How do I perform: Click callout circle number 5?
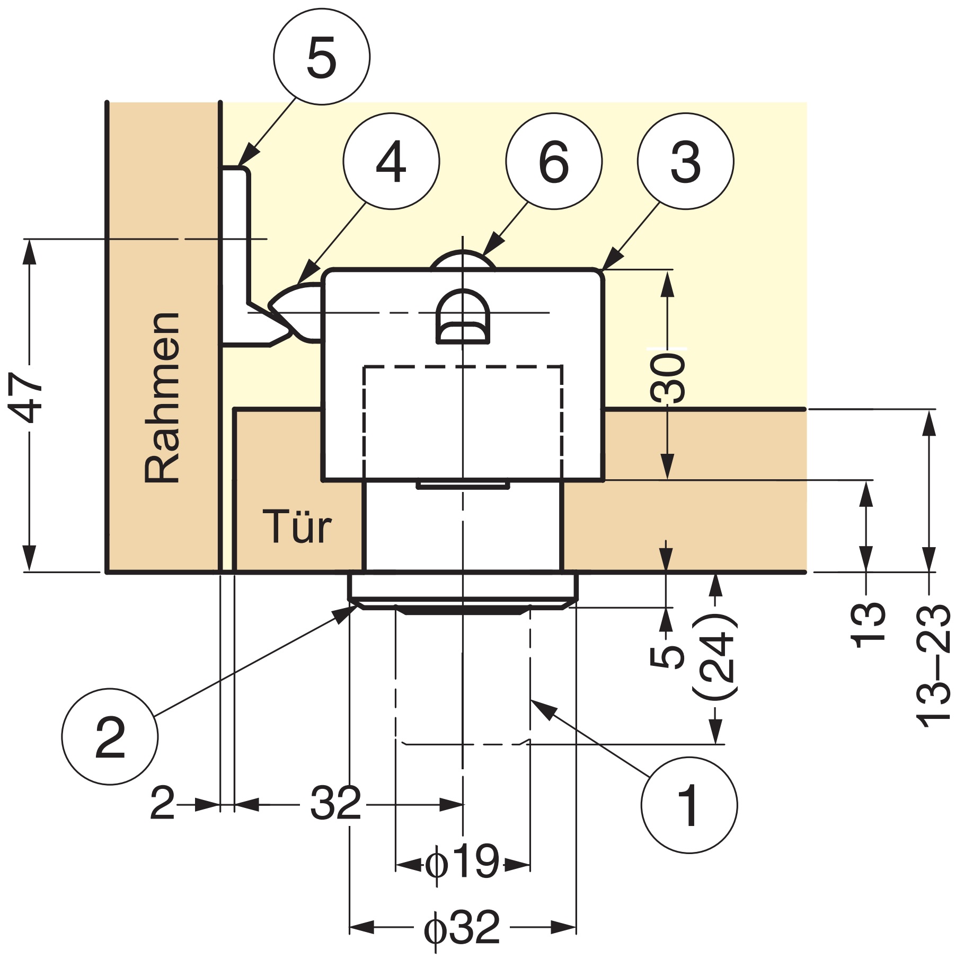click(321, 57)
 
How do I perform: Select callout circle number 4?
click(391, 161)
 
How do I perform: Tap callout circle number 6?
click(553, 161)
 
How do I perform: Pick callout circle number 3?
click(685, 161)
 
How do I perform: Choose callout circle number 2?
click(110, 736)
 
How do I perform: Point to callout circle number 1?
click(688, 805)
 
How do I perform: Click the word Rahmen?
click(162, 398)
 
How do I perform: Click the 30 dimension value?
click(667, 379)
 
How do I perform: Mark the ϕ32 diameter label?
click(462, 927)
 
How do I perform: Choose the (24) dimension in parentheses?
click(715, 655)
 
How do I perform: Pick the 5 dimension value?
click(667, 656)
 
